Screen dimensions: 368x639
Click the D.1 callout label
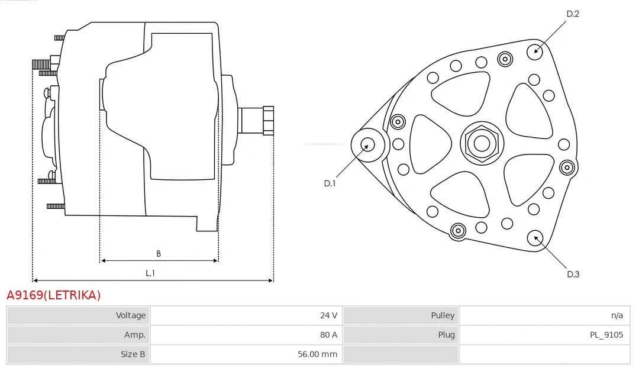[x=330, y=183]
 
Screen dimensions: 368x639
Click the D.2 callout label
[x=573, y=14]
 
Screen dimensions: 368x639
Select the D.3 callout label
[x=573, y=274]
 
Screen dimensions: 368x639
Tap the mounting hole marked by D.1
[x=367, y=144]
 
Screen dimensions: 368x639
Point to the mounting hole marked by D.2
[x=536, y=50]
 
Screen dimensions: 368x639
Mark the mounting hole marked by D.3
[x=536, y=238]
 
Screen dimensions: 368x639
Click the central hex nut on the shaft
[x=481, y=143]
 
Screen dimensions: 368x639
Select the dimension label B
[x=159, y=253]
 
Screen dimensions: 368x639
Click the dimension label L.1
[x=150, y=273]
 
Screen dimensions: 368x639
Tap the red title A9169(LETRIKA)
[x=54, y=295]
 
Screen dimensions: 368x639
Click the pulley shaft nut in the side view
[x=267, y=121]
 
